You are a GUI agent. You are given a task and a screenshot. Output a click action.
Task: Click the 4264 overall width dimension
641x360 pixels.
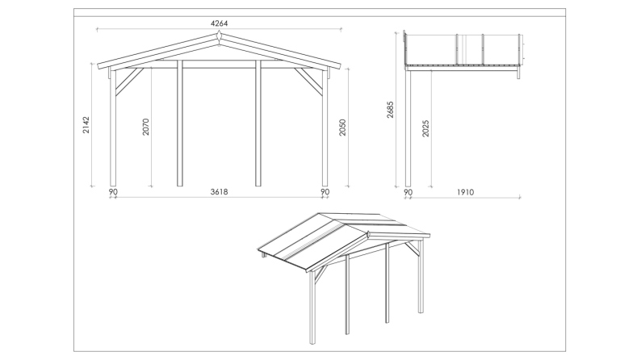220,23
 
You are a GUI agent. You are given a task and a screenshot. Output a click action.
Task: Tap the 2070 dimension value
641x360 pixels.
146,127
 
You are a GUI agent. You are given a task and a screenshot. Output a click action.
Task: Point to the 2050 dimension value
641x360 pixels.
342,127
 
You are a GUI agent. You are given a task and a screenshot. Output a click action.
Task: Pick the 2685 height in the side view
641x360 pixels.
391,110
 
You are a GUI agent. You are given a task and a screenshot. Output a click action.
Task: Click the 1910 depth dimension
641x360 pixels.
465,192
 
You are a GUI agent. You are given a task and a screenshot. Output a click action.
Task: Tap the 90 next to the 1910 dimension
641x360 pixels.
408,192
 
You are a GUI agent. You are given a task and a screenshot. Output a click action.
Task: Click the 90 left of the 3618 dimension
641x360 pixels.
113,192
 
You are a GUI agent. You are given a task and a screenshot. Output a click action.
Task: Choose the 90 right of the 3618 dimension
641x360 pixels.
325,192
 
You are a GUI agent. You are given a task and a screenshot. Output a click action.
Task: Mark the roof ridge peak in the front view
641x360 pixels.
220,37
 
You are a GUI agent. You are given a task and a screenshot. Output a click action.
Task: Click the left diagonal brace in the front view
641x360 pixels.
128,82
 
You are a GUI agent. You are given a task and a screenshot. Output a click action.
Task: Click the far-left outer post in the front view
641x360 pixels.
114,129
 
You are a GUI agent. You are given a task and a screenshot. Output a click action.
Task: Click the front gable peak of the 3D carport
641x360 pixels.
367,232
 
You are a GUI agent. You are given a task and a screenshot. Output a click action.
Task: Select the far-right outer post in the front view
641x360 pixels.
325,129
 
